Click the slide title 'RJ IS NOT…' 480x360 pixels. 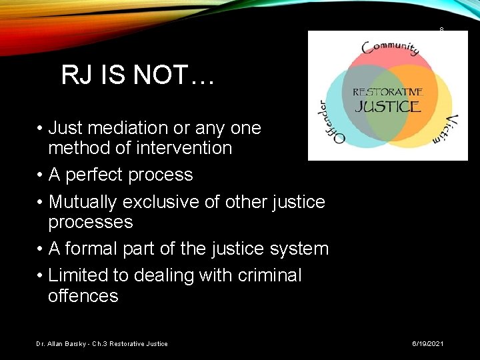[x=137, y=75]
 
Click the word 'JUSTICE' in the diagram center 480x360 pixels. [x=387, y=106]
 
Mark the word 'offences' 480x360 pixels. [x=83, y=296]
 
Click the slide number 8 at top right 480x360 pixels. [x=441, y=29]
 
